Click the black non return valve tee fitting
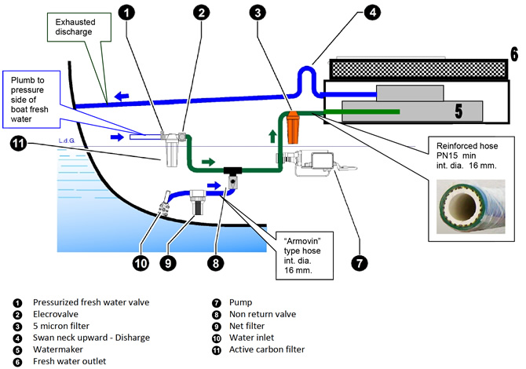point(232,172)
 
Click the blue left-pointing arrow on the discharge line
point(122,98)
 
